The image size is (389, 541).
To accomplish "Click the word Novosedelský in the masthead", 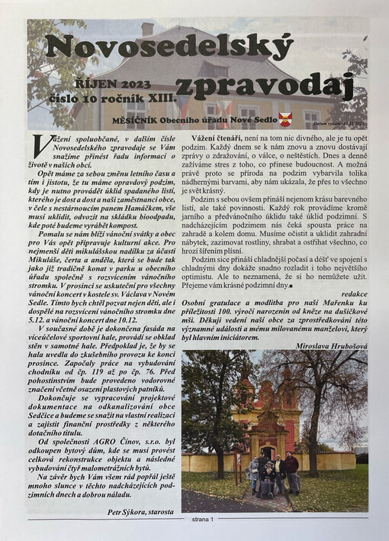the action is (x=169, y=47).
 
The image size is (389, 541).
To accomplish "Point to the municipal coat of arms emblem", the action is (x=285, y=119).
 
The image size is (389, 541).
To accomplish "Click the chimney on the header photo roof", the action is (x=147, y=29).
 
